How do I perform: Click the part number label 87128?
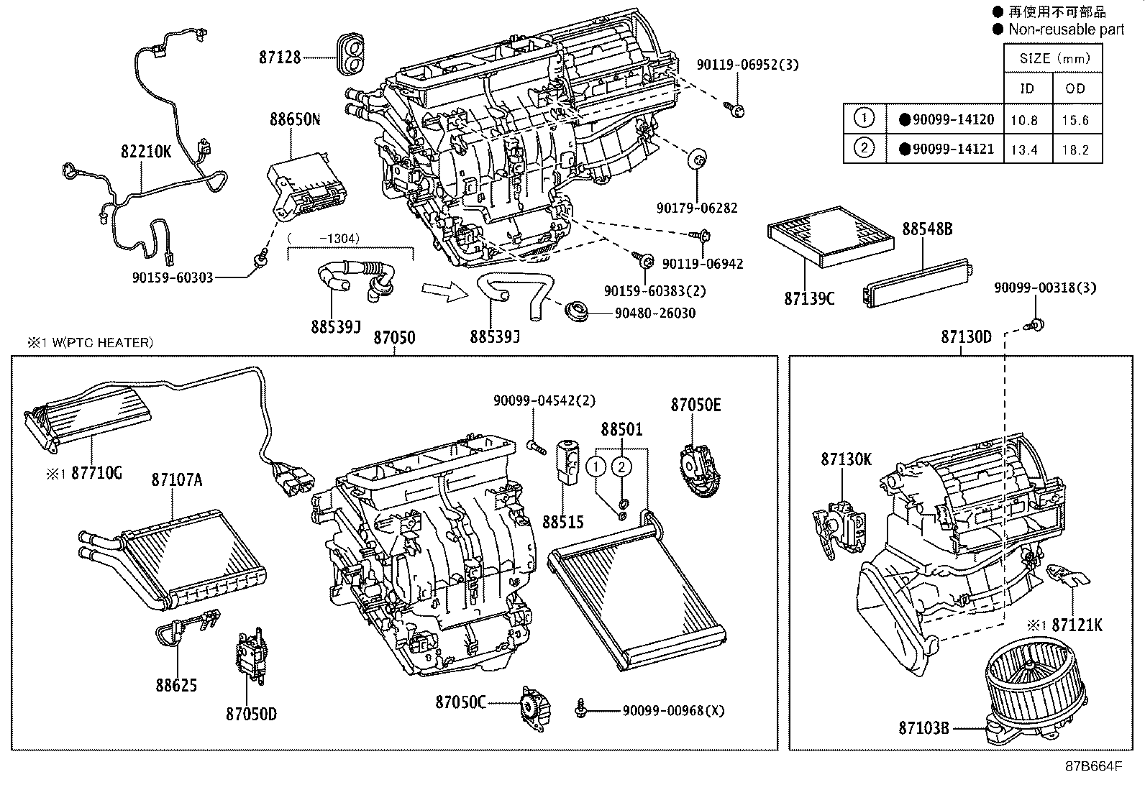[280, 58]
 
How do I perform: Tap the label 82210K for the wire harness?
[146, 152]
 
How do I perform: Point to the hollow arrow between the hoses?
[438, 290]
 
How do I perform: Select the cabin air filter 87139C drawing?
[829, 236]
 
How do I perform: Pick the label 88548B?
[927, 229]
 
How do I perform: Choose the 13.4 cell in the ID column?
[1023, 150]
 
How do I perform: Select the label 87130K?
[846, 459]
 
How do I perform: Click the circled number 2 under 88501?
[621, 467]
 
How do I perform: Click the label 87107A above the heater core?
[176, 479]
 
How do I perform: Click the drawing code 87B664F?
[1093, 766]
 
